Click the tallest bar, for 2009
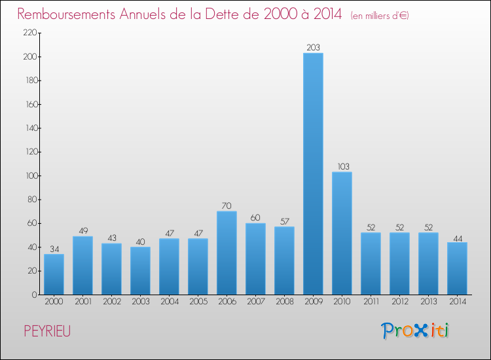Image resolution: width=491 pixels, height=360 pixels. pos(313,173)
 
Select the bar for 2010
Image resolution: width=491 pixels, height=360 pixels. pos(342,233)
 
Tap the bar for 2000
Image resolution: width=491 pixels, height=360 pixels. pos(54,274)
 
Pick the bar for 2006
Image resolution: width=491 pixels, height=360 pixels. pos(227,253)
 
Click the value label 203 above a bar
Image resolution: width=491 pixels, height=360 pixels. pos(313,47)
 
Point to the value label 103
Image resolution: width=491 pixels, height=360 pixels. pos(342,166)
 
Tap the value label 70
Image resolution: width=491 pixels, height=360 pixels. pos(227,206)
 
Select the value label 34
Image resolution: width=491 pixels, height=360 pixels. pos(54,249)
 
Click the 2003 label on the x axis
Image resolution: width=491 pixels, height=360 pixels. pos(140,302)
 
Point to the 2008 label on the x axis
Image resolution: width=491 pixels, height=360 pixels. pos(284,302)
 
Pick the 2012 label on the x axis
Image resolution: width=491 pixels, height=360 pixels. pos(399,302)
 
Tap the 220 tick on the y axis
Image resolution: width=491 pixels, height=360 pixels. pos(29,33)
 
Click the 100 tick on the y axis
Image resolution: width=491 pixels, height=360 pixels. pos(29,176)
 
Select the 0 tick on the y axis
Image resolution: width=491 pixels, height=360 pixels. pos(33,295)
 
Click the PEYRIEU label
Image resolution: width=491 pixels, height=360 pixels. pos(47,331)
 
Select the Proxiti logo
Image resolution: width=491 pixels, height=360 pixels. pos(415,331)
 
